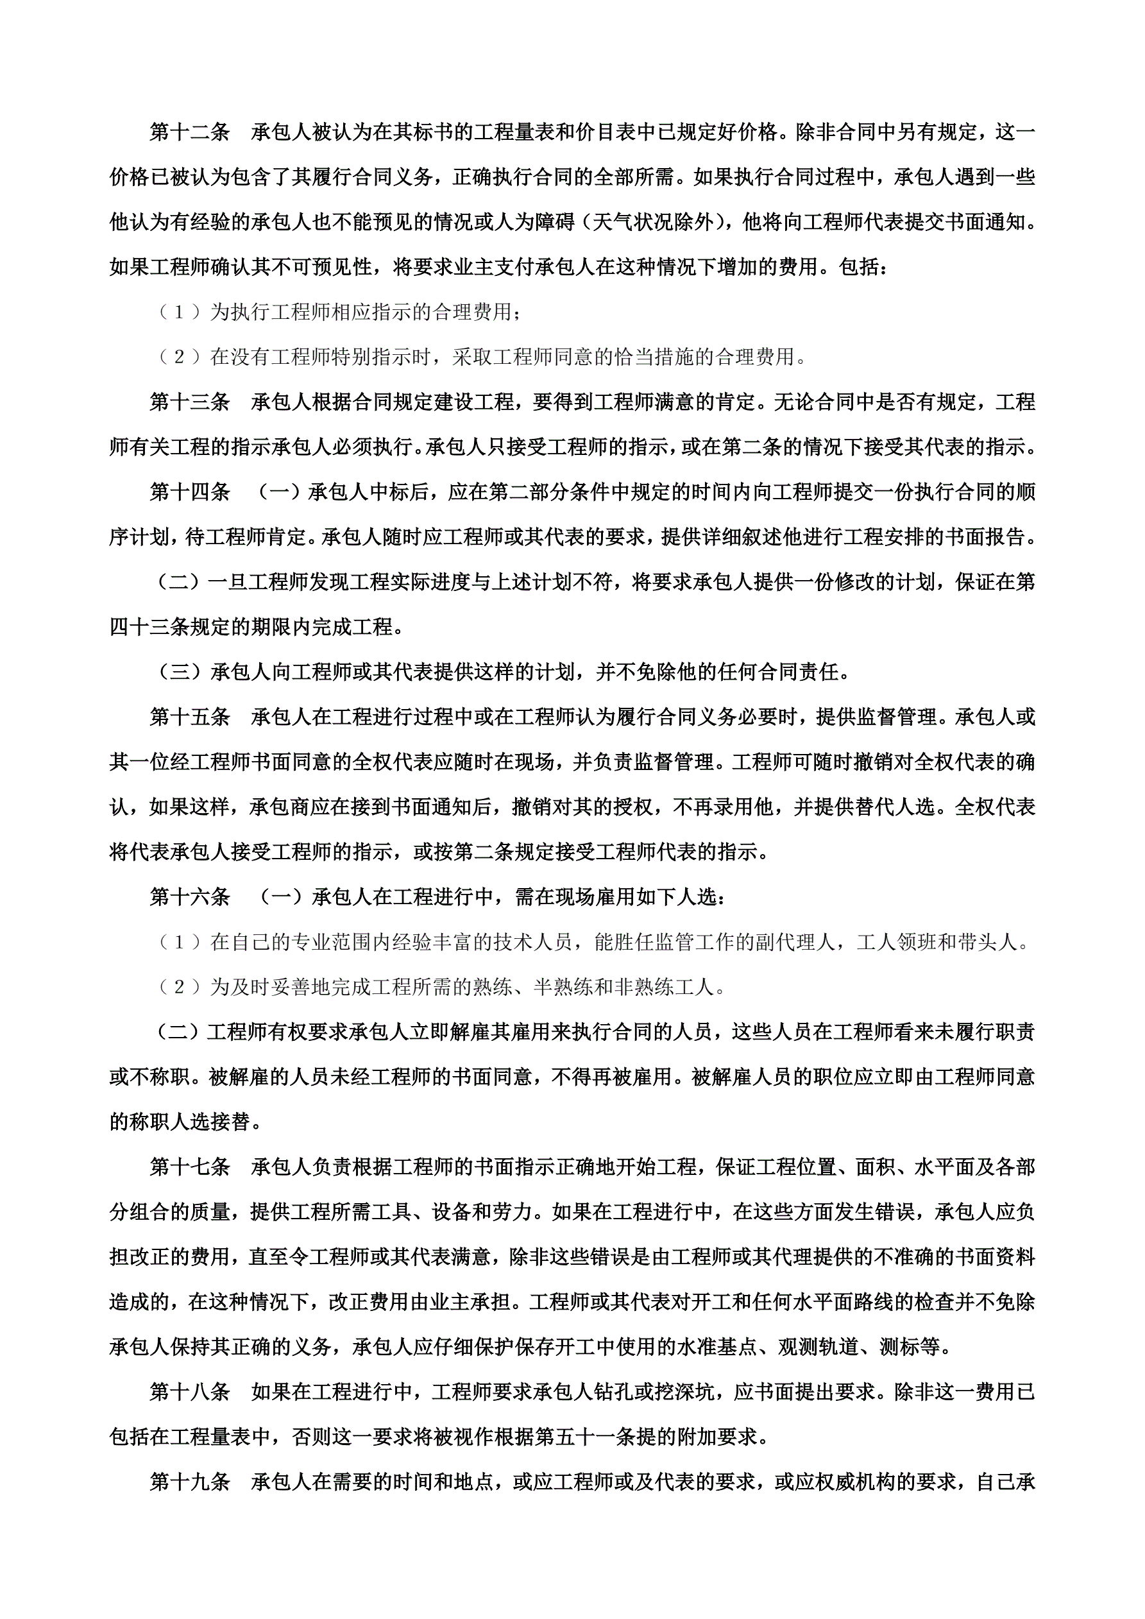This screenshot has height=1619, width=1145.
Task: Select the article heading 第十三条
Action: pos(190,402)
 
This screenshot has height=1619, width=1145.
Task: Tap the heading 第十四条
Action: pos(190,492)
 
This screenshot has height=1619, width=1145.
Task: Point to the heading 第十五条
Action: pos(190,717)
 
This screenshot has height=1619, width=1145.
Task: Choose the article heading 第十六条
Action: pos(190,897)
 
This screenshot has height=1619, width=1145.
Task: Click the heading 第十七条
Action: pos(190,1167)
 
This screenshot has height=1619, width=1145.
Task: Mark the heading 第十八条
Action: pos(190,1392)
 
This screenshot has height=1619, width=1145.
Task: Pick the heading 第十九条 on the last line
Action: pos(190,1482)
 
